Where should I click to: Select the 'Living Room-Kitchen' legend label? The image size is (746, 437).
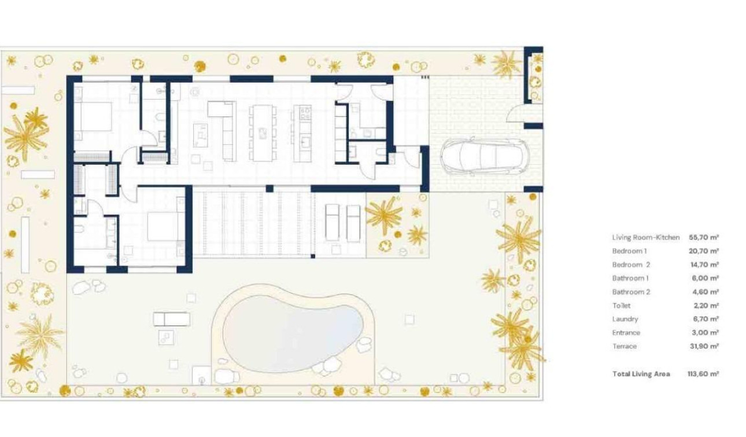[645, 237]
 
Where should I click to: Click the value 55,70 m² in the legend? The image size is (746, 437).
[703, 237]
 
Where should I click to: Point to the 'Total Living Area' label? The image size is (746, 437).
[641, 374]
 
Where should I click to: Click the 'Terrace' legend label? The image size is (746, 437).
[624, 346]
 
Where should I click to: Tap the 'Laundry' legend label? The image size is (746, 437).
[625, 319]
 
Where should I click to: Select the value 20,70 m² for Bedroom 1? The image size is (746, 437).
[703, 251]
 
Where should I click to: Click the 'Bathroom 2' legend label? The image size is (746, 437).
[631, 292]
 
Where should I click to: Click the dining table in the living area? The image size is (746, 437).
[262, 133]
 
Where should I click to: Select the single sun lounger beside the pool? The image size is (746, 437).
[171, 318]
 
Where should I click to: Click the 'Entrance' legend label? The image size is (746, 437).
[626, 333]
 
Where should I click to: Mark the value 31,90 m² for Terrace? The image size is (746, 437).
[703, 346]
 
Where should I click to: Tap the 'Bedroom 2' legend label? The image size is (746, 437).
[630, 265]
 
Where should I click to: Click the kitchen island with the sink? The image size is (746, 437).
[302, 133]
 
